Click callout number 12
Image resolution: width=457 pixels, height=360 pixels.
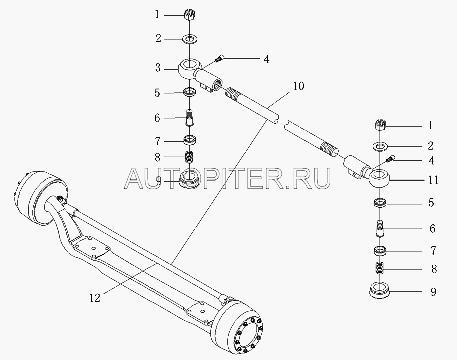pyautogui.click(x=94, y=297)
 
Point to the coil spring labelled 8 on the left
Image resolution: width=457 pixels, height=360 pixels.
pyautogui.click(x=190, y=156)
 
